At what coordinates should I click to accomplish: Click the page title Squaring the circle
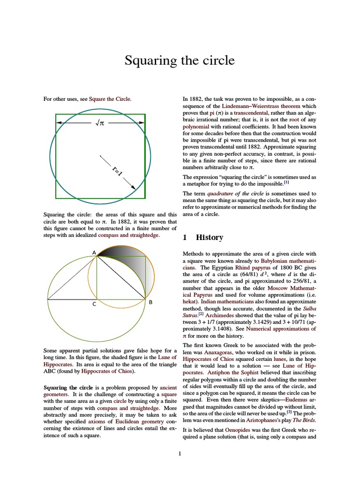click(x=180, y=60)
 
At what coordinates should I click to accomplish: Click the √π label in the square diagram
click(x=99, y=123)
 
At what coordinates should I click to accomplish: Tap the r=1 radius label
click(x=117, y=171)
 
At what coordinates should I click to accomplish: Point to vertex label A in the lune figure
click(x=94, y=253)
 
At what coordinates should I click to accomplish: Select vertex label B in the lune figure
click(x=150, y=303)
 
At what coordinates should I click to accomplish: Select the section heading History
click(x=209, y=237)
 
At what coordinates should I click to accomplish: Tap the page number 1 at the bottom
click(x=180, y=453)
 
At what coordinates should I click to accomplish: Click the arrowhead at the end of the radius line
click(x=133, y=187)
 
